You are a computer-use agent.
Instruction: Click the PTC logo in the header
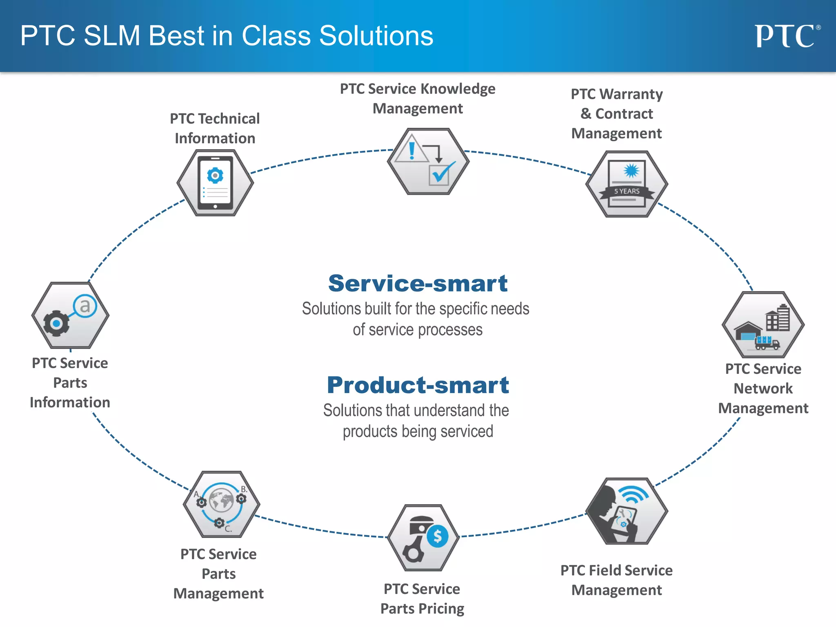[x=786, y=36]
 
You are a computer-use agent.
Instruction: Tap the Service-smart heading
[x=418, y=283]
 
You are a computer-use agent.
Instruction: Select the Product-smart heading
[x=418, y=385]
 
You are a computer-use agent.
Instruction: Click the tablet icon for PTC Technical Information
[x=215, y=183]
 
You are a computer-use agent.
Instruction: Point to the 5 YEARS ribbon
[x=627, y=191]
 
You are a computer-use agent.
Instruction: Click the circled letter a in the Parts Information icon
[x=85, y=306]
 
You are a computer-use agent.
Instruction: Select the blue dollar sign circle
[x=437, y=536]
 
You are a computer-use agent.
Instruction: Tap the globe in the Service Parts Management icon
[x=221, y=500]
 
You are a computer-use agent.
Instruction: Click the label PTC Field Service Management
[x=616, y=580]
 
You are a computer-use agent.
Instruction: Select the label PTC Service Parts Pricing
[x=422, y=598]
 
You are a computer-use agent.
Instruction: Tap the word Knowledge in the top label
[x=458, y=89]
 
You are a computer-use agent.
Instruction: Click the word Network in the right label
[x=763, y=388]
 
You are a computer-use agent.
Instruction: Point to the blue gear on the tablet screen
[x=215, y=175]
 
